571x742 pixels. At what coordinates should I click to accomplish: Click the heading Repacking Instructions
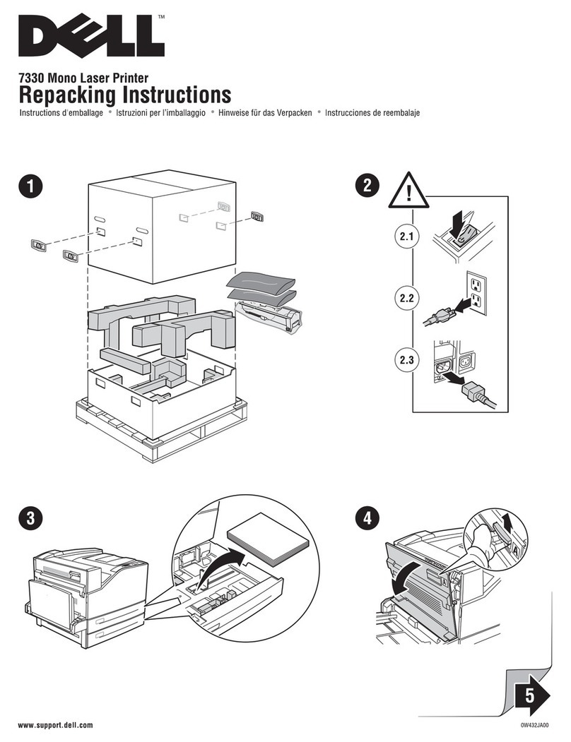pyautogui.click(x=125, y=95)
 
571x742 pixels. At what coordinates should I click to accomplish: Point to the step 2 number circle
pyautogui.click(x=365, y=186)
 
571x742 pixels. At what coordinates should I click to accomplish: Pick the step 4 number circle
pyautogui.click(x=365, y=517)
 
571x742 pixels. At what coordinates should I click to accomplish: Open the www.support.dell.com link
pyautogui.click(x=55, y=726)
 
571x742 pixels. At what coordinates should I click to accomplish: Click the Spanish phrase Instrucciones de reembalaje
pyautogui.click(x=372, y=113)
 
